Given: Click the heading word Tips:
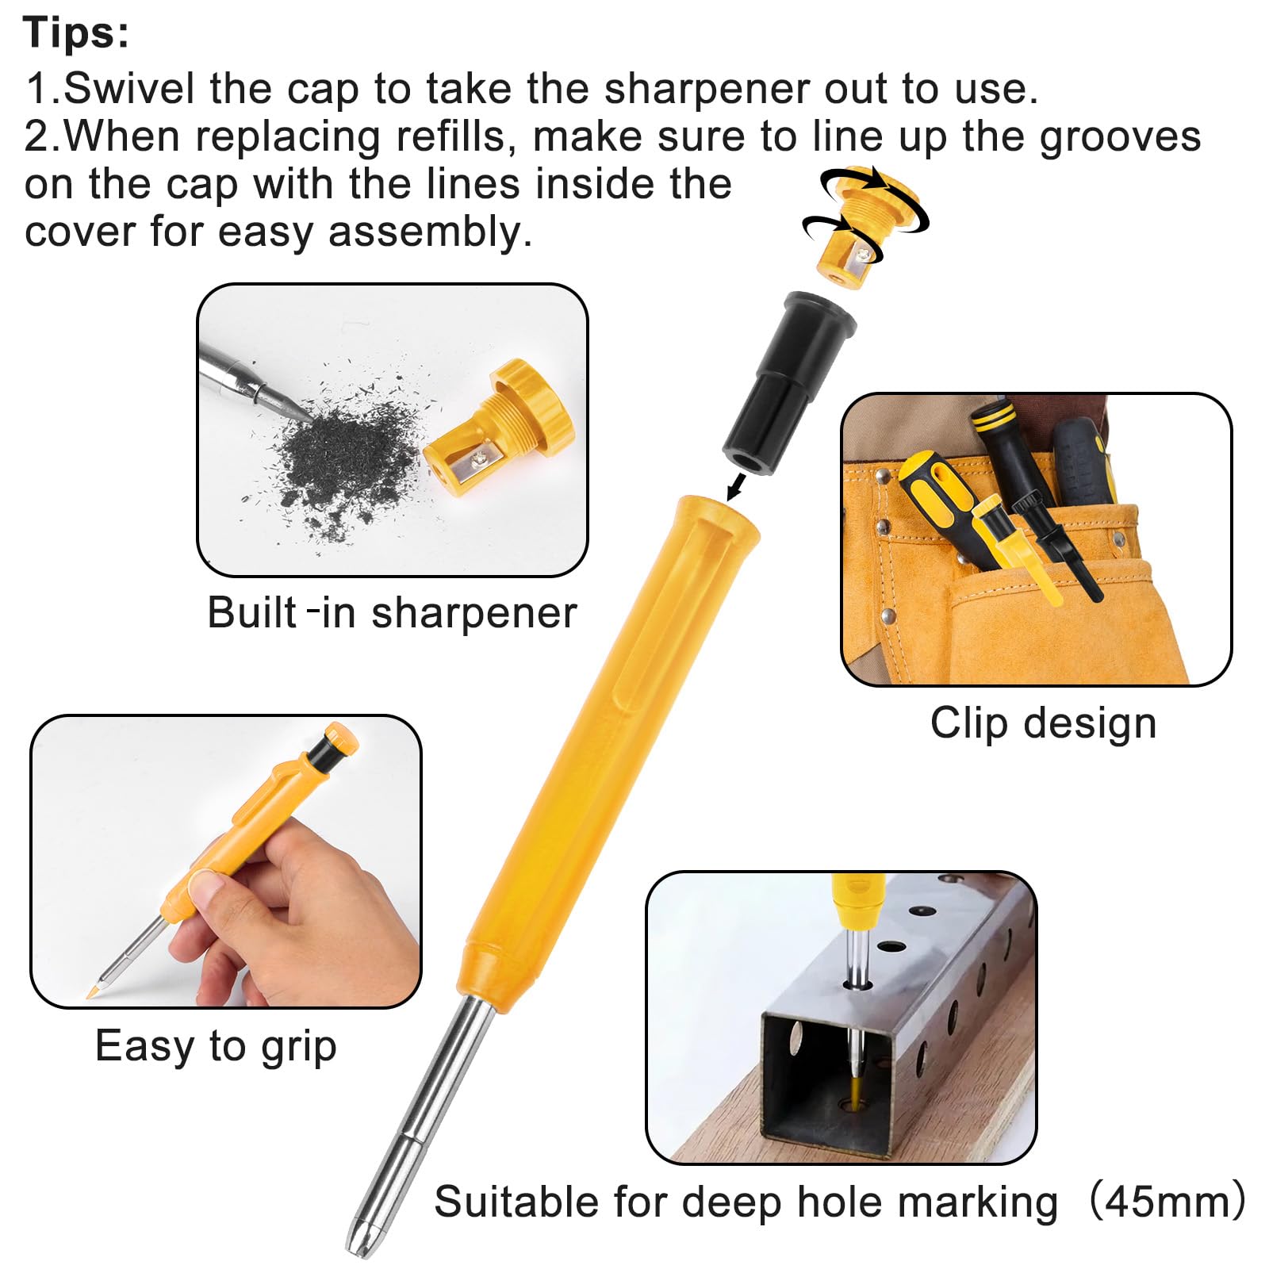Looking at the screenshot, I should click(x=76, y=33).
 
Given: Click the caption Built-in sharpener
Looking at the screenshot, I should click(x=392, y=613).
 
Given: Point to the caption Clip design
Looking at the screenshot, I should click(x=1043, y=723).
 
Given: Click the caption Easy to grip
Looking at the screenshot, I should click(x=216, y=1045).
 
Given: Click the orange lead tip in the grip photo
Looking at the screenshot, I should click(x=92, y=992).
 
